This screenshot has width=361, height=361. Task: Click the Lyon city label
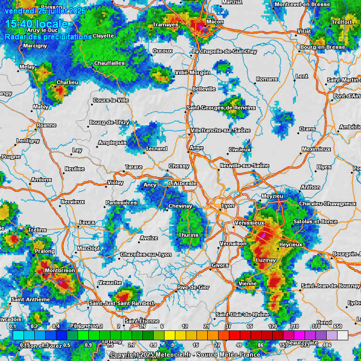(228, 205)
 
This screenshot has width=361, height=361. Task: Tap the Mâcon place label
(215, 22)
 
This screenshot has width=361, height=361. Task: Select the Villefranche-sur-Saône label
(220, 130)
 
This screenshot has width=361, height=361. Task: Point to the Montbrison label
(60, 271)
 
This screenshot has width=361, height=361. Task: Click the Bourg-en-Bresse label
(323, 47)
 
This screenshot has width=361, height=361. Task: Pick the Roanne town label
(47, 125)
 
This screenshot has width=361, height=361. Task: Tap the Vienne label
(248, 283)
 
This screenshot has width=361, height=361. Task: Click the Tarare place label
(133, 167)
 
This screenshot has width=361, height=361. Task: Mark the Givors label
(220, 265)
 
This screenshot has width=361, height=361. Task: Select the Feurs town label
(87, 222)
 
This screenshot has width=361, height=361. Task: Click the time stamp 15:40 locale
(36, 24)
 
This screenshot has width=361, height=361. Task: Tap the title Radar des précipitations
(48, 37)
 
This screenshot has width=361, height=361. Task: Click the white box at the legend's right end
(343, 335)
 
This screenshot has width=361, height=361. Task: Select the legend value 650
(337, 326)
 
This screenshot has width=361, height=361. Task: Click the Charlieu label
(67, 82)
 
